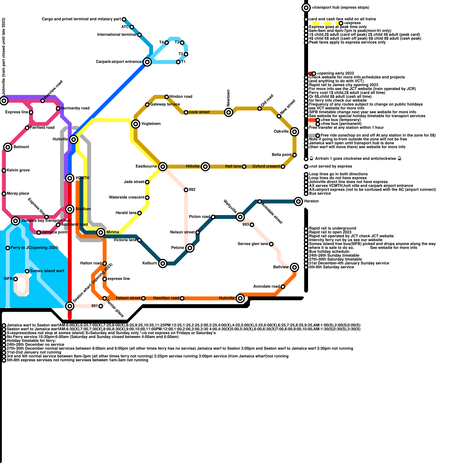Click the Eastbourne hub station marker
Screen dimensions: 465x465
163,167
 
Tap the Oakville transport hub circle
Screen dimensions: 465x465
294,132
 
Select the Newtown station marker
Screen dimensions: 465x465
229,112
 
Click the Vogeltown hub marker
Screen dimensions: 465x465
136,124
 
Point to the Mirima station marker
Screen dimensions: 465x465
101,232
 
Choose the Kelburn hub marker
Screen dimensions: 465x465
163,263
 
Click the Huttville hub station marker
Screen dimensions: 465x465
240,298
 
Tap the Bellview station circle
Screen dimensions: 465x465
294,267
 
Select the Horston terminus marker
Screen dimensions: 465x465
298,201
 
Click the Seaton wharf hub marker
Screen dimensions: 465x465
70,306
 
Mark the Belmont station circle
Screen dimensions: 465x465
8,147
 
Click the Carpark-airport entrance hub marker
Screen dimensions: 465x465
147,62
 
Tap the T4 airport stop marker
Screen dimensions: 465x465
167,43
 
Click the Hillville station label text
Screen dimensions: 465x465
193,167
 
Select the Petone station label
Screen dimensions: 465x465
178,248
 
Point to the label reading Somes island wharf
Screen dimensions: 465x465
47,271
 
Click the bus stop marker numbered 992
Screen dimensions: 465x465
186,190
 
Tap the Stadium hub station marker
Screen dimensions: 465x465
70,209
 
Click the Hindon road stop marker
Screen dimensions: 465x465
167,97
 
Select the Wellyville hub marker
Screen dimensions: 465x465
240,217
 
